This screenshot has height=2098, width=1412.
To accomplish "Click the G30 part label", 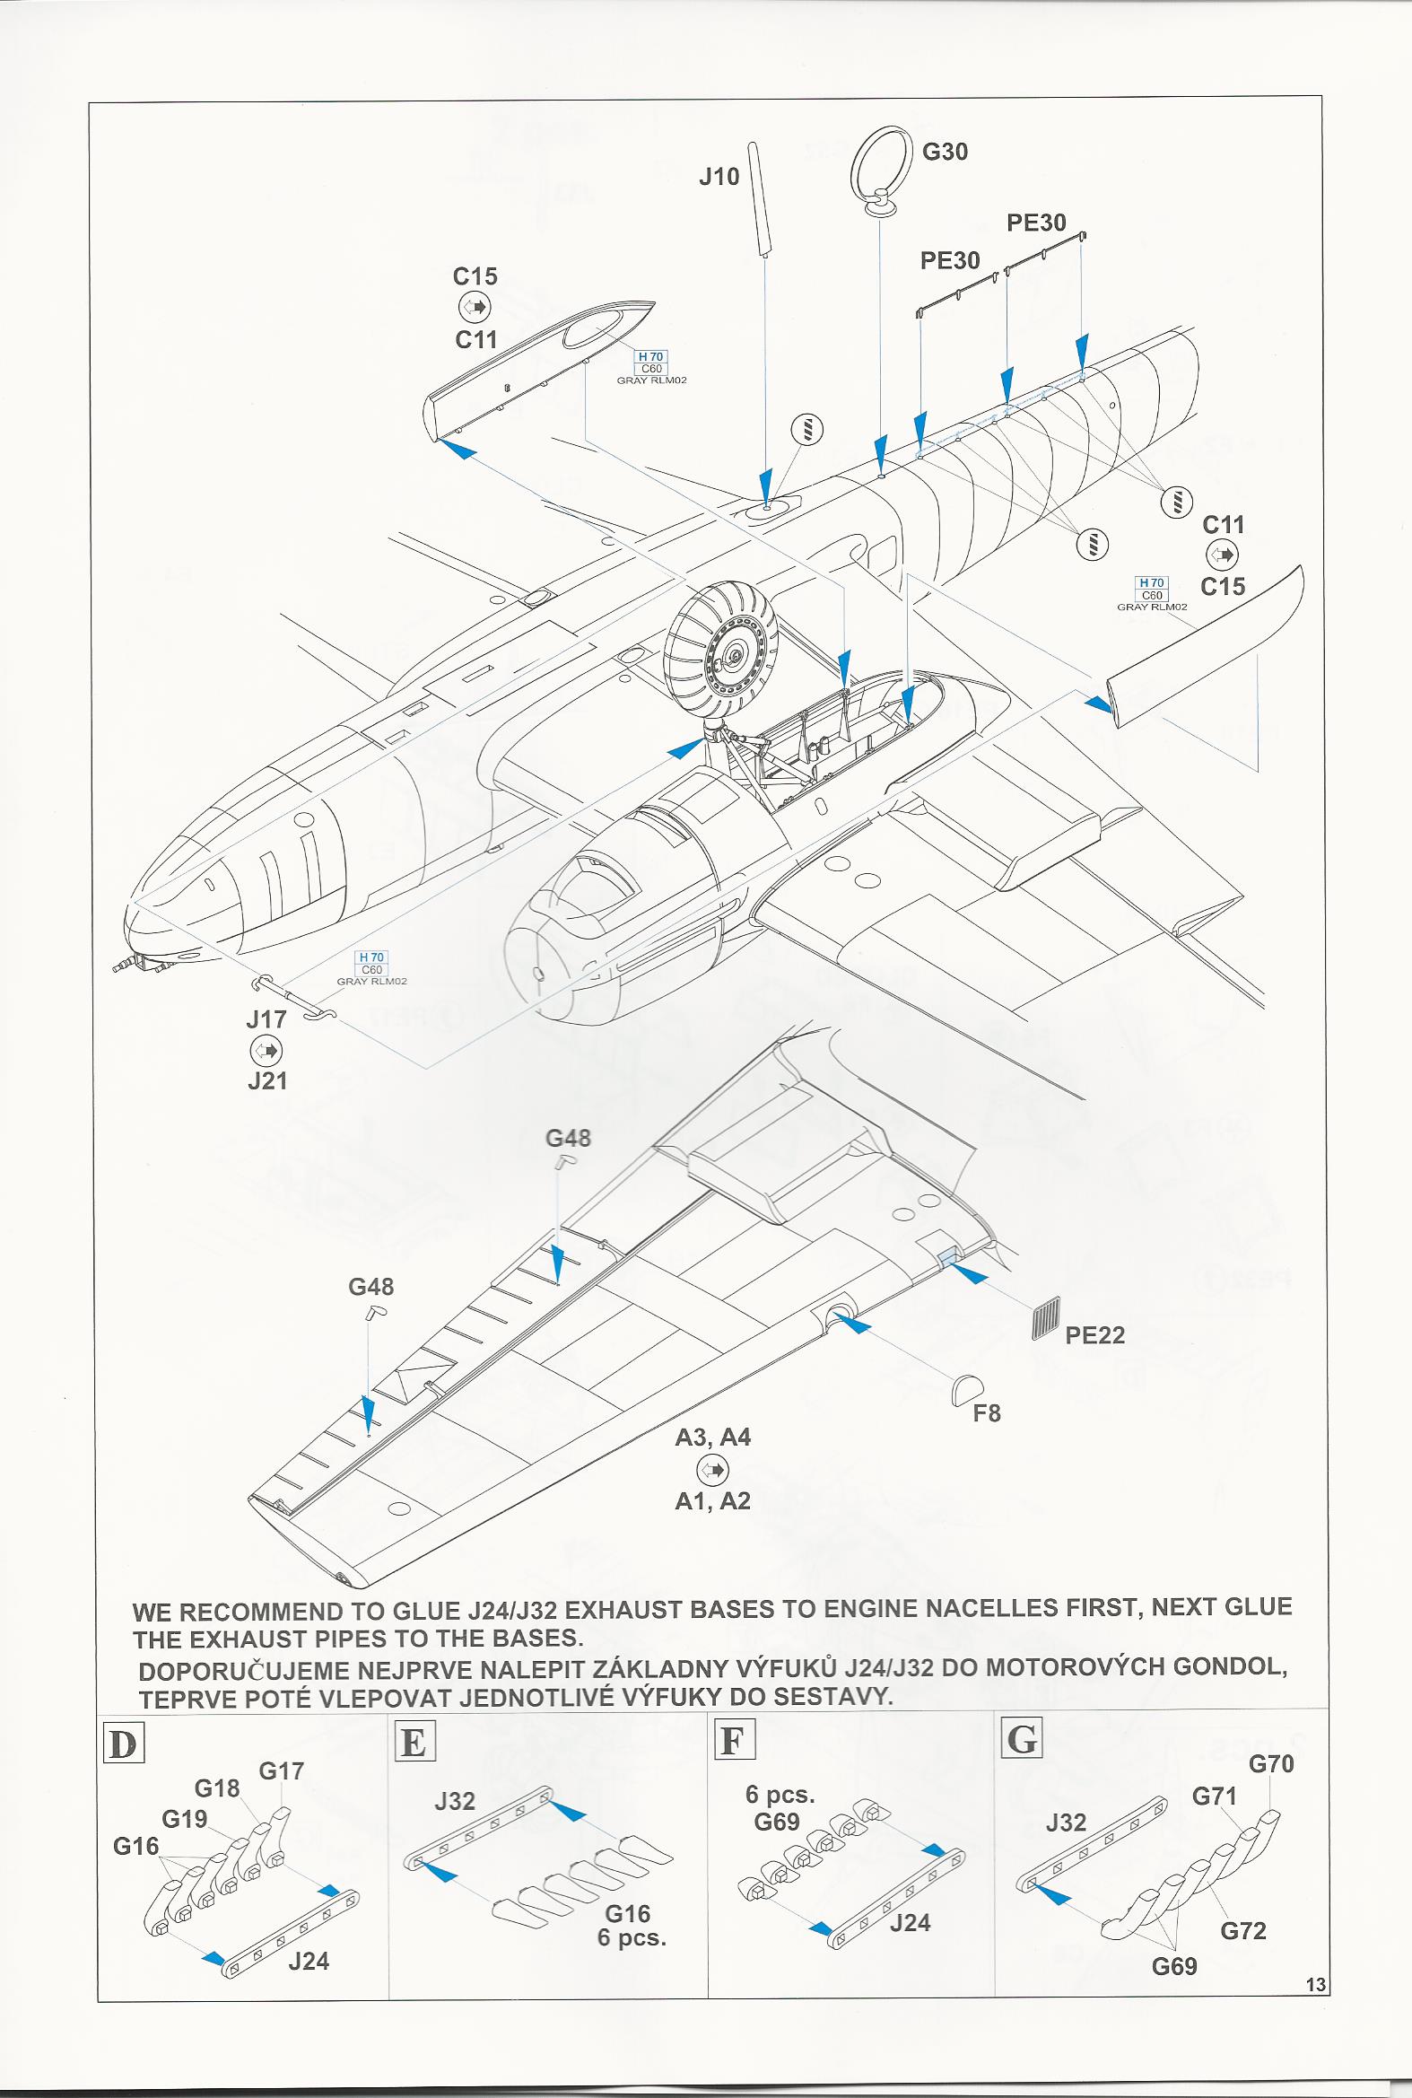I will tap(945, 152).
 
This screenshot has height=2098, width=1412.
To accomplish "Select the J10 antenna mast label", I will tap(719, 176).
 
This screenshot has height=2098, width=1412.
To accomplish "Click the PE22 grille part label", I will tap(1095, 1335).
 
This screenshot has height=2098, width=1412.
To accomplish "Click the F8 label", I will tap(987, 1412).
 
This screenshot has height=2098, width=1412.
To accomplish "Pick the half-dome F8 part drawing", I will tap(967, 1390).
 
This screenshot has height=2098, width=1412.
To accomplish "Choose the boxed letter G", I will tap(1021, 1738).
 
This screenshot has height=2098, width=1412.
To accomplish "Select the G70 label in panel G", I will tap(1270, 1763).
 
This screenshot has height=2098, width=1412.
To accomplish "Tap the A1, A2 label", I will tap(712, 1500).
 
